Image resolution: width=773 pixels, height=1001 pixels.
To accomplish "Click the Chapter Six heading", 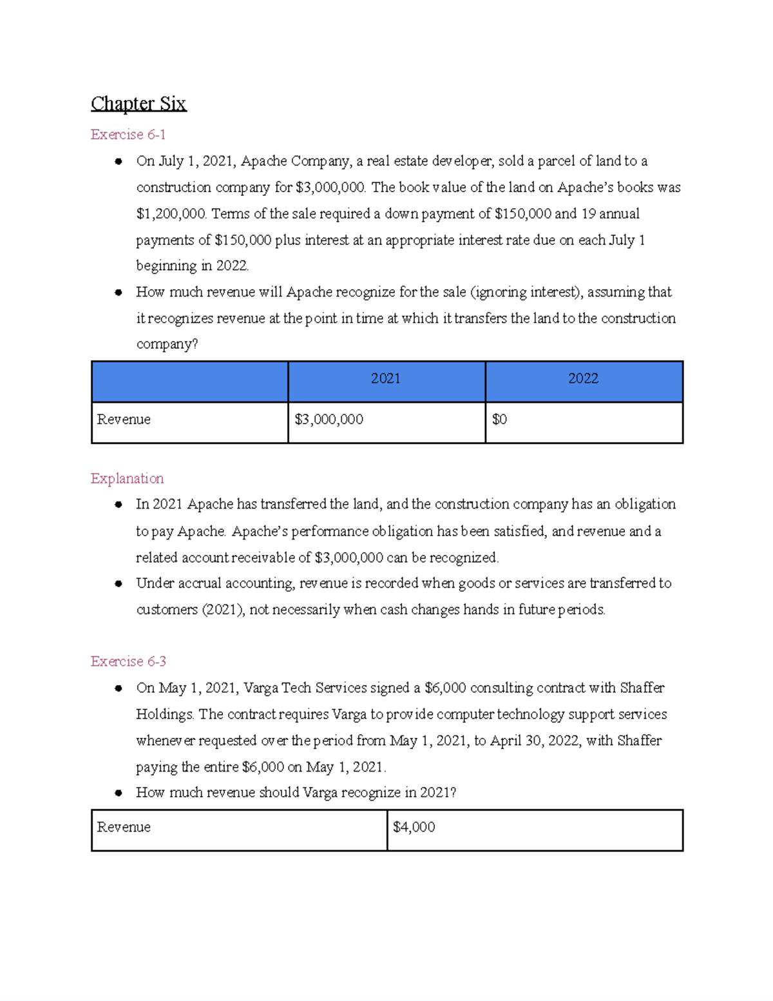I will (x=138, y=103).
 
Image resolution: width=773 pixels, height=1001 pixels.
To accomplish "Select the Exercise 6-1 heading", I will (x=128, y=135).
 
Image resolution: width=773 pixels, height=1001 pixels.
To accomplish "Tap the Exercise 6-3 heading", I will (x=128, y=661).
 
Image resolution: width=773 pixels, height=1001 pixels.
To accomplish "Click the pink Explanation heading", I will (x=127, y=478).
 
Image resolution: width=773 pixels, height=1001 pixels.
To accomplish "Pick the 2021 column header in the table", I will (x=385, y=379).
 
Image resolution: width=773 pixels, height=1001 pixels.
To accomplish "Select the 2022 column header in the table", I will (x=583, y=379).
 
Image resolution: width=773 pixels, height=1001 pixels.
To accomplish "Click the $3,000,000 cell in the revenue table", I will (x=329, y=420).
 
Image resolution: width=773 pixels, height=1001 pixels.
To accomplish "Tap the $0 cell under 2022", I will (x=499, y=420).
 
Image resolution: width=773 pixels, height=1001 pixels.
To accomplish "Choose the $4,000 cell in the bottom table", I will (x=414, y=827).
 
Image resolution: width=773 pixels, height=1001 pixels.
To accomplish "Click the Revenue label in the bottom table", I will (x=124, y=827).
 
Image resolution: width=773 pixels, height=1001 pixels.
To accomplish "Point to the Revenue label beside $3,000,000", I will (x=124, y=420).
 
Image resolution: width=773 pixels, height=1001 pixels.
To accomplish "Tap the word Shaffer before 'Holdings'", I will (x=642, y=688).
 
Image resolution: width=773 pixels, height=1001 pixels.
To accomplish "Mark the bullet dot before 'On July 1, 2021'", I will (x=119, y=162).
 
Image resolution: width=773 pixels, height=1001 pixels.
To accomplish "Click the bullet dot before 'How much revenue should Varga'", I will (x=119, y=793).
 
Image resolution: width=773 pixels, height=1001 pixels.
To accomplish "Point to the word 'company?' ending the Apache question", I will (x=167, y=344).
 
